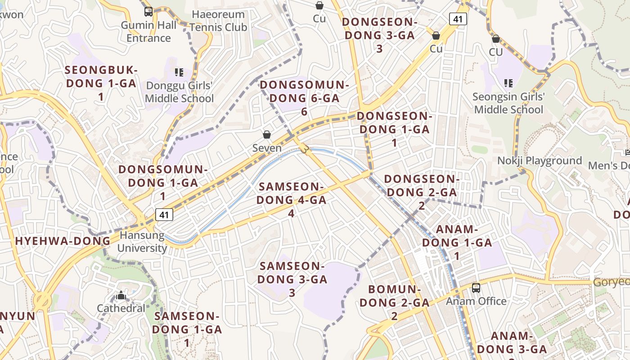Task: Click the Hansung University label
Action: point(142,242)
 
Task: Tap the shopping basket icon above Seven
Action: point(267,135)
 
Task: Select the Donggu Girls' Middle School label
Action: point(179,92)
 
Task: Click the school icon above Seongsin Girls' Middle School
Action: point(508,83)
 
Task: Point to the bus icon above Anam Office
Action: point(476,288)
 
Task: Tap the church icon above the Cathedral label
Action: point(121,296)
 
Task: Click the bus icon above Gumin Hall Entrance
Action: point(148,12)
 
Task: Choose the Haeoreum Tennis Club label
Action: point(218,21)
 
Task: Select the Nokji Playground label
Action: point(540,161)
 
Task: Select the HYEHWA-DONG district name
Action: point(63,241)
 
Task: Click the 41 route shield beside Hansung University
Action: point(164,215)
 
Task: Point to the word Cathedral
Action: point(121,308)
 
